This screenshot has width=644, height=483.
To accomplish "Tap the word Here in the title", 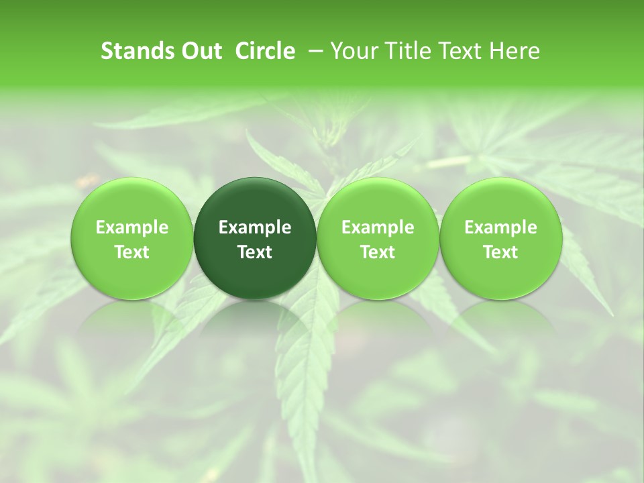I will click(515, 51).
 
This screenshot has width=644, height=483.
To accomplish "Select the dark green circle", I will click(255, 238).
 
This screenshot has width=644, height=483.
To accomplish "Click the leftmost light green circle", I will click(132, 238).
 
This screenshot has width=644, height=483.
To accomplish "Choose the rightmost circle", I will click(500, 238).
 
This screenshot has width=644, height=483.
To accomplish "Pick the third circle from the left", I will click(378, 238).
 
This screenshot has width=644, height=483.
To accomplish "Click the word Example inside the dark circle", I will click(255, 227).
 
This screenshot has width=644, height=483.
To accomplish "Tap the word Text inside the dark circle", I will click(255, 252).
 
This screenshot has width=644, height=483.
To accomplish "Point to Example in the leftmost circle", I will click(132, 227).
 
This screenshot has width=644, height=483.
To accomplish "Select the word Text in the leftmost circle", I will click(132, 252).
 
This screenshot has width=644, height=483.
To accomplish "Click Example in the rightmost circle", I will click(500, 227).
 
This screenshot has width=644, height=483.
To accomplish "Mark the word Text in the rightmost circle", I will click(500, 252).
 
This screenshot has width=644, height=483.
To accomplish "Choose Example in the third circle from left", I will click(378, 227).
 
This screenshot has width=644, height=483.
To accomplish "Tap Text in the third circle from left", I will click(378, 252).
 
